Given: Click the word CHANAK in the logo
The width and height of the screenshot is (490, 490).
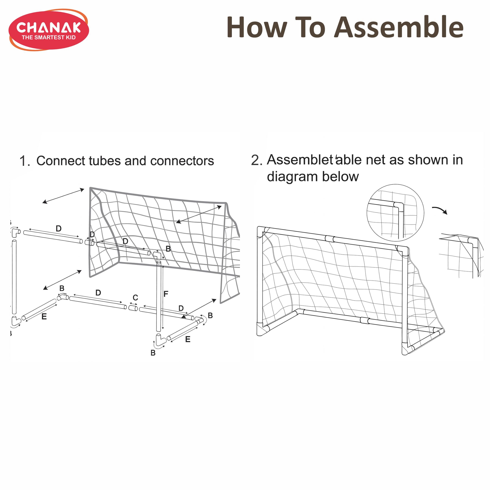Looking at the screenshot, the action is (x=49, y=28).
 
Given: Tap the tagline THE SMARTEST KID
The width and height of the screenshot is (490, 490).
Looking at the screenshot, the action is (x=49, y=38).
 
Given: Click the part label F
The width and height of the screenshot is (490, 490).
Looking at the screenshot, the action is (x=166, y=294).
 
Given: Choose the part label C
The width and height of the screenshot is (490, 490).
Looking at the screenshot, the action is (x=135, y=298).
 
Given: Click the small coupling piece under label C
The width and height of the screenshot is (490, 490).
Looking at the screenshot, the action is (x=133, y=308).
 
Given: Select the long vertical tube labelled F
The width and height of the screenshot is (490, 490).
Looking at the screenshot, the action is (x=159, y=296).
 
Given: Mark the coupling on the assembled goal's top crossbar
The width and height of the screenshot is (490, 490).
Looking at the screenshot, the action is (x=330, y=239).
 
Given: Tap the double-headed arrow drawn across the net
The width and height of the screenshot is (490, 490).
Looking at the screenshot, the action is (x=199, y=214).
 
